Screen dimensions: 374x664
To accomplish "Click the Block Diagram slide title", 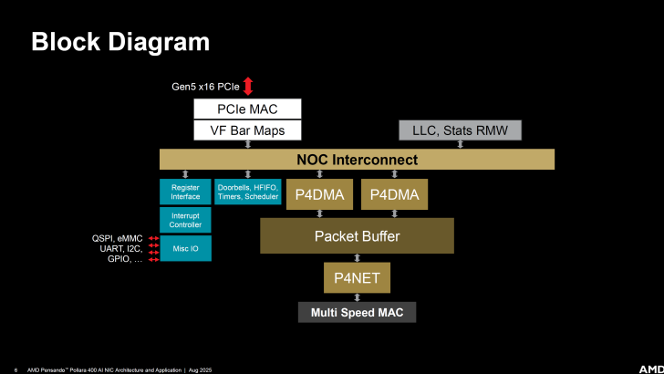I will (119, 41).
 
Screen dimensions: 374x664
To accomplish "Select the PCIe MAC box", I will (247, 109).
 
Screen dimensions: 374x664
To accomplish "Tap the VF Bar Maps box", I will (247, 130).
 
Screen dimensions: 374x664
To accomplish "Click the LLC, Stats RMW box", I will (460, 130).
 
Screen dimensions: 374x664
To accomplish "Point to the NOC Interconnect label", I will (357, 160).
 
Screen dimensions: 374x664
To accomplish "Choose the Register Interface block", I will (185, 191).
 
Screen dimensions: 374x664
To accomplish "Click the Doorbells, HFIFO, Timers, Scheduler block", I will (248, 191).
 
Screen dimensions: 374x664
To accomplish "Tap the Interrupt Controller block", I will (185, 219).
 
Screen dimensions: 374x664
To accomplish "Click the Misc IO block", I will (185, 248).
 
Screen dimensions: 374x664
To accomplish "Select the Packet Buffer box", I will (357, 236).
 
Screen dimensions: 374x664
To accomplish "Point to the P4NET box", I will (357, 276).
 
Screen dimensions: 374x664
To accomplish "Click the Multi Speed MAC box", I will (357, 312).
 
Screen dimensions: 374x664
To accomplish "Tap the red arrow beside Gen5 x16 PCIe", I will (247, 87).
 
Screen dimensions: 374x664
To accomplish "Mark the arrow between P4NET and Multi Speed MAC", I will (357, 296).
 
